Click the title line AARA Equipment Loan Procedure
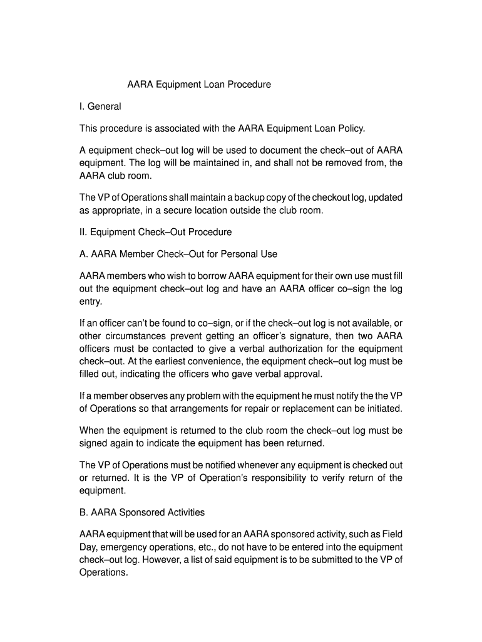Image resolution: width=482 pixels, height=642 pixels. (199, 84)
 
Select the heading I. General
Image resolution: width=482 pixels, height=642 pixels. (100, 107)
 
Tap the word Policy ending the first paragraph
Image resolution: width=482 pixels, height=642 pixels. (349, 129)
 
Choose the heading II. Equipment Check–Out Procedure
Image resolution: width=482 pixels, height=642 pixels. (155, 232)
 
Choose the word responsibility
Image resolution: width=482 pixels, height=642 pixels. (294, 478)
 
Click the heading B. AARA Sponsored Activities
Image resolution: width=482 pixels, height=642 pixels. (142, 512)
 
